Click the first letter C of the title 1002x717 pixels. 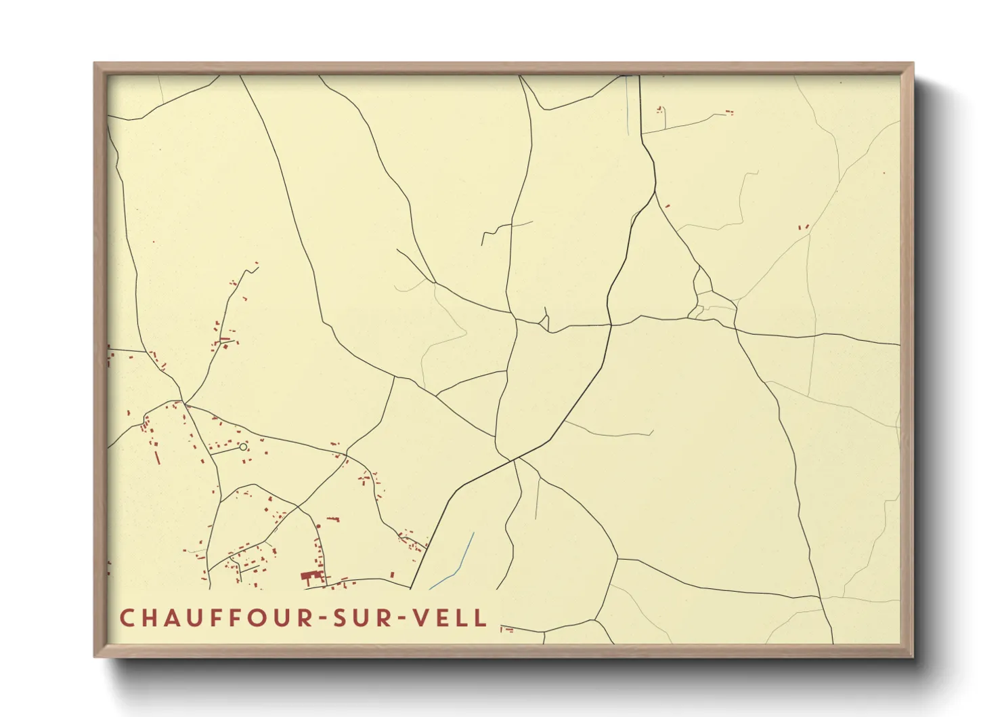127,618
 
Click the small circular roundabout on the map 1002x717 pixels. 243,447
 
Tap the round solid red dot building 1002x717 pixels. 318,525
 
